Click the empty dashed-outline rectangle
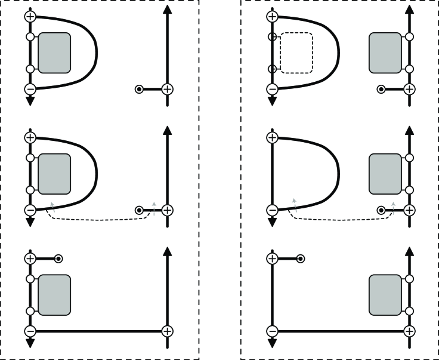(296, 53)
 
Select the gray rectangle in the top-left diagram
(54, 53)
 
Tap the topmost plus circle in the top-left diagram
(30, 16)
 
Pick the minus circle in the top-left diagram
(30, 89)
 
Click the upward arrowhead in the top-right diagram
(409, 11)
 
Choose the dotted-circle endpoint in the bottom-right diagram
(301, 259)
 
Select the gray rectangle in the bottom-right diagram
(385, 295)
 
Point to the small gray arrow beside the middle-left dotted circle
(154, 207)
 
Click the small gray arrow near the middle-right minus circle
(293, 204)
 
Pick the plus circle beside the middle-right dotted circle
(409, 210)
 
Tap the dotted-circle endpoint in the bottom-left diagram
(58, 259)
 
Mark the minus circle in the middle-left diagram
(30, 210)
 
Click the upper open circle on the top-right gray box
(409, 37)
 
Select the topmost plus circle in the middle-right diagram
(273, 137)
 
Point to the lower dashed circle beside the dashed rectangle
(273, 69)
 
